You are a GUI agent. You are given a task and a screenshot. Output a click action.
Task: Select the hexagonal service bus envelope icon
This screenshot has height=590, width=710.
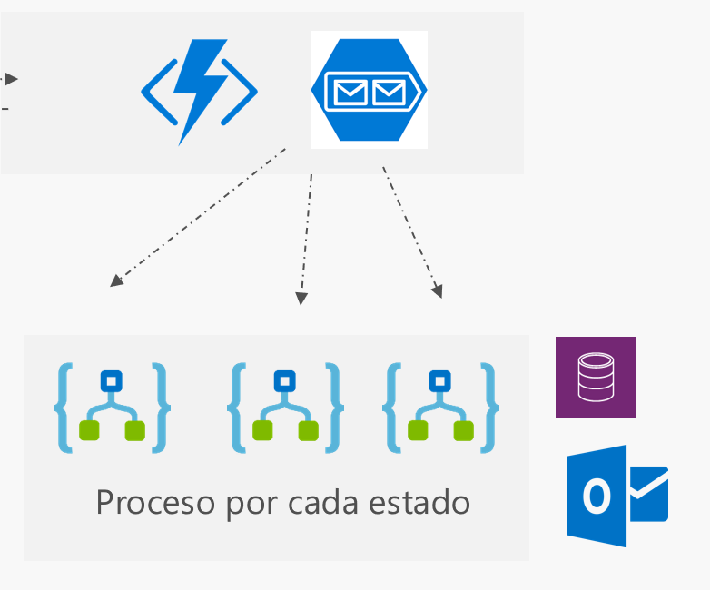click(x=369, y=90)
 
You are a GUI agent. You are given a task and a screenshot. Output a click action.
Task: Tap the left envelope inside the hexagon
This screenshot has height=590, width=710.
click(x=350, y=91)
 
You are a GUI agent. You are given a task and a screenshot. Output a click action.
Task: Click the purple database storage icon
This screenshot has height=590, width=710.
click(x=596, y=377)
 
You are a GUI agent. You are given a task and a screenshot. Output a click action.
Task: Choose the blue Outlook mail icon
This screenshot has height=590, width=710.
click(x=617, y=496)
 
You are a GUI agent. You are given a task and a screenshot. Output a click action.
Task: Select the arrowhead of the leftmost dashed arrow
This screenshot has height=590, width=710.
click(x=115, y=280)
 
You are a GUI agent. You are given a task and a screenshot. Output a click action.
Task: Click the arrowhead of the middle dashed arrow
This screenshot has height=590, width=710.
click(x=302, y=299)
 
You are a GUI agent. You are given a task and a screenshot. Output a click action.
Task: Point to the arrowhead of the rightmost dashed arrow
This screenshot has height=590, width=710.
click(x=438, y=292)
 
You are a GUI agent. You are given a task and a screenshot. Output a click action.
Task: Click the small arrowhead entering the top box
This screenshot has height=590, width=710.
click(x=12, y=79)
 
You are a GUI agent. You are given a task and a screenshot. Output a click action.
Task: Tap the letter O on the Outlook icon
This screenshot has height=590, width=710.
click(x=596, y=497)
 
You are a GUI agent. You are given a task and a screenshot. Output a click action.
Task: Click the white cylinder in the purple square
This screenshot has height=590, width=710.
click(x=596, y=377)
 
